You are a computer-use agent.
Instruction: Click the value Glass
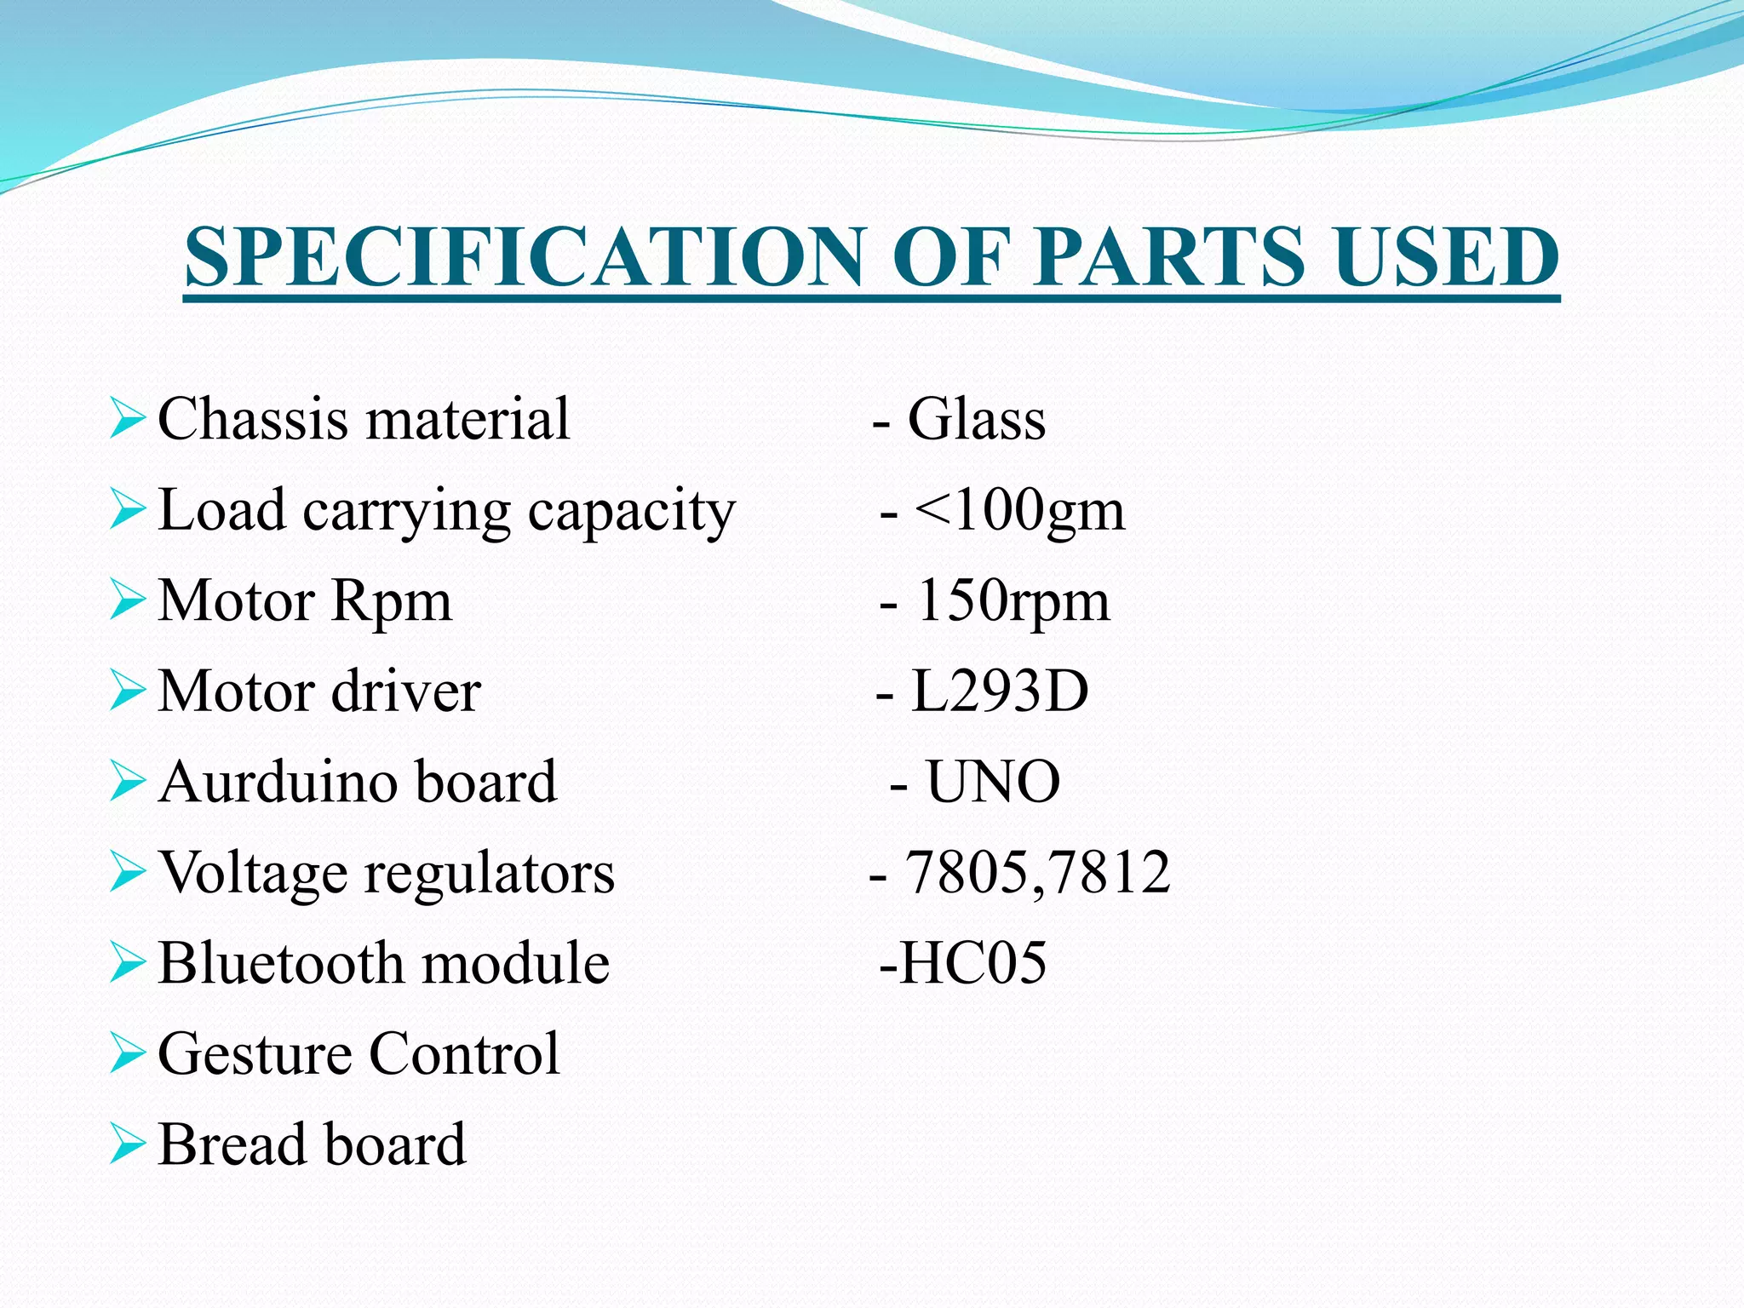coord(977,419)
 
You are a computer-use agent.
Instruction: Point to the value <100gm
coord(1019,510)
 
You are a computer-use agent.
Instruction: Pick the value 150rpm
coord(1013,601)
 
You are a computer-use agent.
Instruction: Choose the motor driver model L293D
coord(1000,691)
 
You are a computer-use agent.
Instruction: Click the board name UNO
coord(993,782)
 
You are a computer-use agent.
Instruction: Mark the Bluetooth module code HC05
coord(972,963)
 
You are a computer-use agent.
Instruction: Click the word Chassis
coord(253,419)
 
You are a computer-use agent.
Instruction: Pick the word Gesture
coord(253,1054)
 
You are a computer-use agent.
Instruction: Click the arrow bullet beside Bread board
coord(128,1144)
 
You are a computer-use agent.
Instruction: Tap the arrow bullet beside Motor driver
coord(128,691)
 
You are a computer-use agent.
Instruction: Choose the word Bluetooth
coord(281,963)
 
